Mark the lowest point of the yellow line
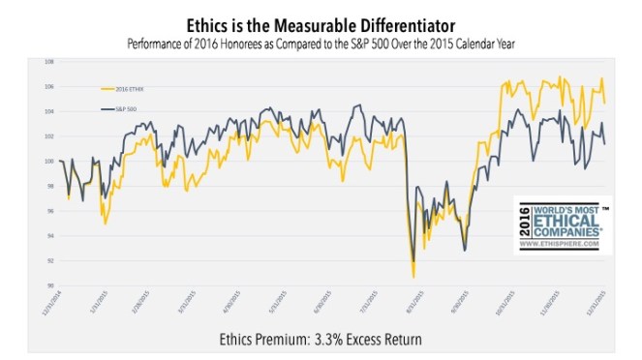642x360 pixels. pyautogui.click(x=413, y=278)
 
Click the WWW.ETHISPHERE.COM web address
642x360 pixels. pyautogui.click(x=567, y=247)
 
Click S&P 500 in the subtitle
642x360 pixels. pyautogui.click(x=399, y=44)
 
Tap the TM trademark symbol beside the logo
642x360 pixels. pyautogui.click(x=606, y=208)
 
